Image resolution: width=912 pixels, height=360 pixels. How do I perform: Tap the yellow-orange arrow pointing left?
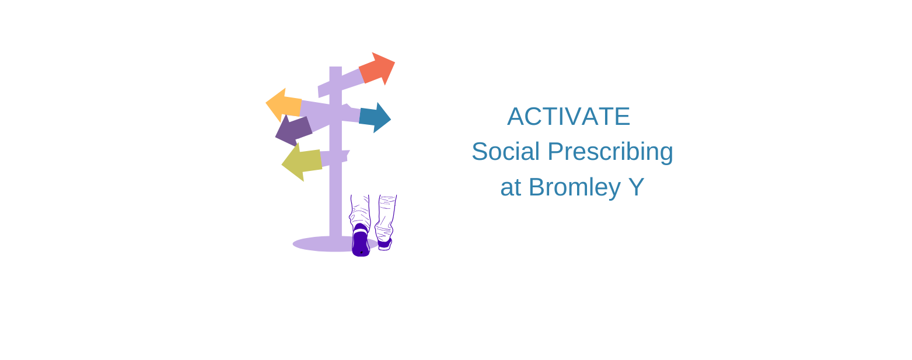coord(284,105)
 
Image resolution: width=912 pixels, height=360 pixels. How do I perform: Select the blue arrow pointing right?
coord(375,118)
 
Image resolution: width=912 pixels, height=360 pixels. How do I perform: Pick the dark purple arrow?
coord(293,130)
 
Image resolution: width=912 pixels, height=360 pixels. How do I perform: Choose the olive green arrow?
coord(302,162)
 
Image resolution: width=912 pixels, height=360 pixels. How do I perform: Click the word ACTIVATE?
coord(568,117)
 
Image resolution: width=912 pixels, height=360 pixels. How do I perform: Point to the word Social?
coord(506,152)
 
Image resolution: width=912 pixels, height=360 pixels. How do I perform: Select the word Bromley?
coord(575,188)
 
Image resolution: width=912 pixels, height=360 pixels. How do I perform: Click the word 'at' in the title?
coord(511,188)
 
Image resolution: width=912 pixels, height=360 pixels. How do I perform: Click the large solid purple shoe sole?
coord(361,240)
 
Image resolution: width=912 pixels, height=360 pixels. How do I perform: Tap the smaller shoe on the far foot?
coord(385,244)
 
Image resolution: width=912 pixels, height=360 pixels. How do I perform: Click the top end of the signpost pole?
coord(336,67)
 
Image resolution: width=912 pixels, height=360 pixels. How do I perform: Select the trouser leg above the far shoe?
coord(385,218)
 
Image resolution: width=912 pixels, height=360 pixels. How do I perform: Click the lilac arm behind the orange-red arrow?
coord(341,83)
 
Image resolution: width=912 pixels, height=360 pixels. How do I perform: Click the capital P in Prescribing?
coord(556,152)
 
